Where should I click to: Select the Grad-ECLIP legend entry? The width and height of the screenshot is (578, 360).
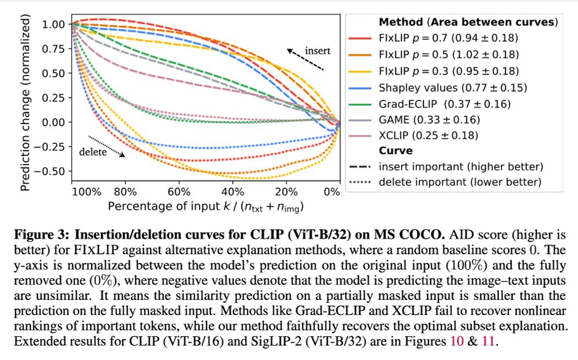click(444, 104)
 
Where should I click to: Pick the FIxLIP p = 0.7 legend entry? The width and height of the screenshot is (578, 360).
click(449, 38)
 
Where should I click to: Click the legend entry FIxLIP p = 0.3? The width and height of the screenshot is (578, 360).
click(449, 71)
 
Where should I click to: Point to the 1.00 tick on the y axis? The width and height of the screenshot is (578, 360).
click(53, 24)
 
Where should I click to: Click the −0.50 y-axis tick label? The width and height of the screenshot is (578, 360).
click(50, 171)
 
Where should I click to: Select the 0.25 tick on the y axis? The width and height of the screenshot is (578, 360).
click(53, 98)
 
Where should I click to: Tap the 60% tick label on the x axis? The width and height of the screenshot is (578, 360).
click(179, 191)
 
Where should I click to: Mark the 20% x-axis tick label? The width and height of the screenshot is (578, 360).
click(286, 191)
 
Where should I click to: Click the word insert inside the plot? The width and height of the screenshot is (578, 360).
click(318, 51)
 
